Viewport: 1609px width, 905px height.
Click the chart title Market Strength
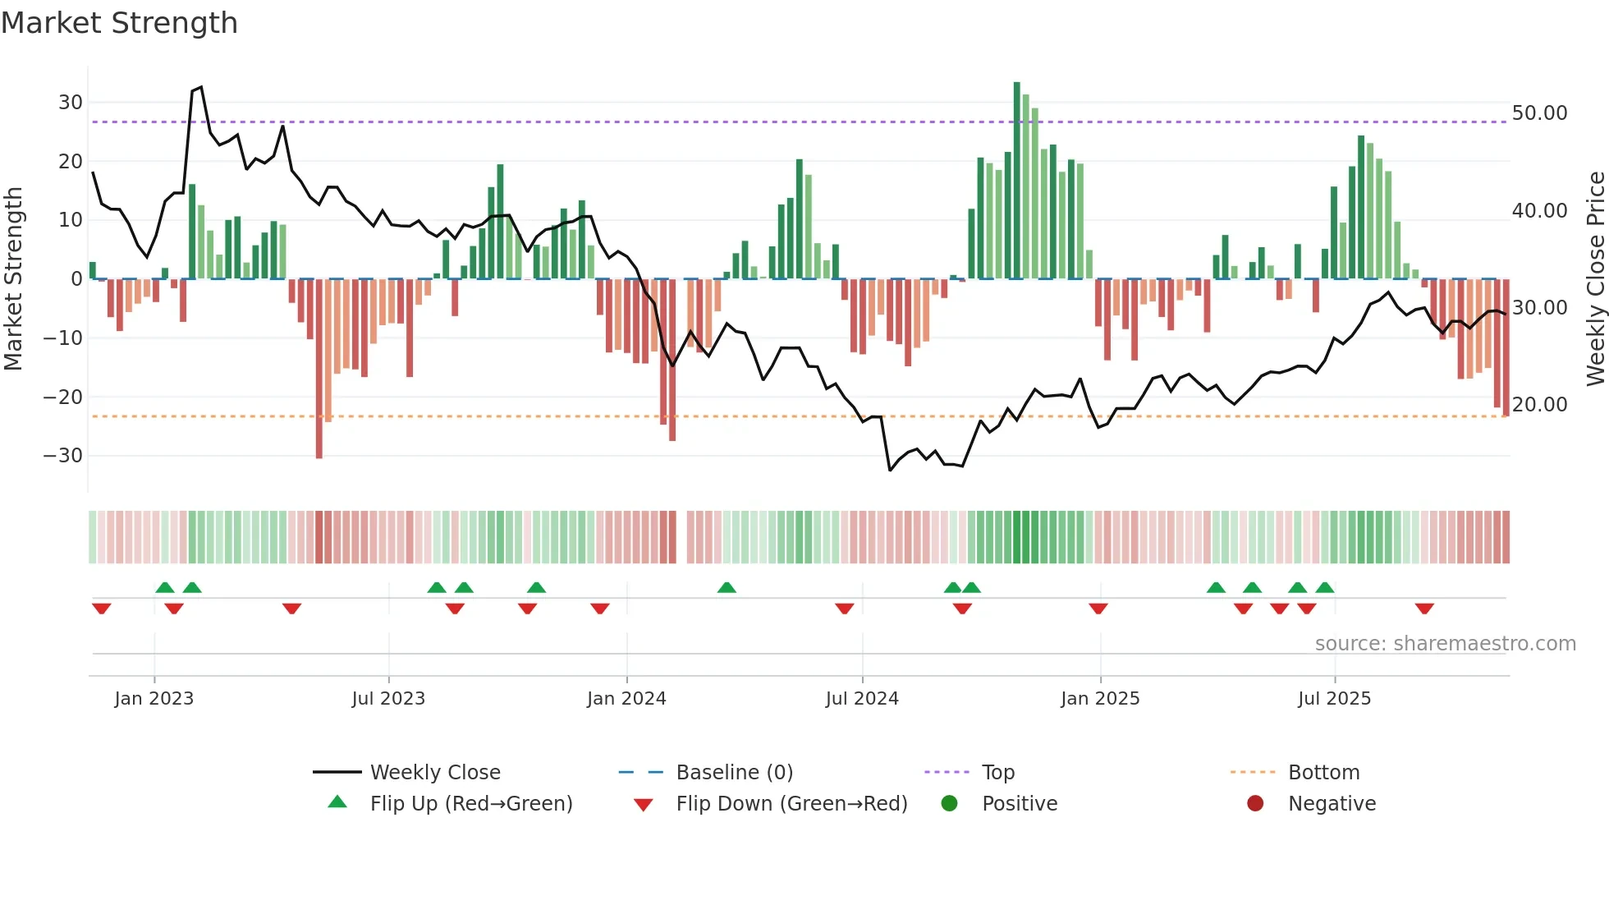coord(119,23)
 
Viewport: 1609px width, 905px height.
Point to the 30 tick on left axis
coord(71,103)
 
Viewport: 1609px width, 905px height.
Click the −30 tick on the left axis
coord(64,456)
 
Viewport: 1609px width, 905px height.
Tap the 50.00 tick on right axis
coord(1539,113)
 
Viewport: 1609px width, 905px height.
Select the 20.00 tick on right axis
coord(1539,405)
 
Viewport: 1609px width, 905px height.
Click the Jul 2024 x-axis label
coord(862,699)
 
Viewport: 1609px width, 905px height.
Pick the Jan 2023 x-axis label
coord(154,699)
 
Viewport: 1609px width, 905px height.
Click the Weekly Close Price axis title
coord(1595,279)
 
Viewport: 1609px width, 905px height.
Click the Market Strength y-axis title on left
coord(13,279)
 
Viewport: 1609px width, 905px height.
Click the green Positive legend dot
coord(950,804)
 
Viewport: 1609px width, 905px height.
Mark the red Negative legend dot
coord(1255,804)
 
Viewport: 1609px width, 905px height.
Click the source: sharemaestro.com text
coord(1445,644)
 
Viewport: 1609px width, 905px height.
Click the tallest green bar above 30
coord(1017,181)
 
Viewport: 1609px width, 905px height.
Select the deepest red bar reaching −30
coord(319,370)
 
